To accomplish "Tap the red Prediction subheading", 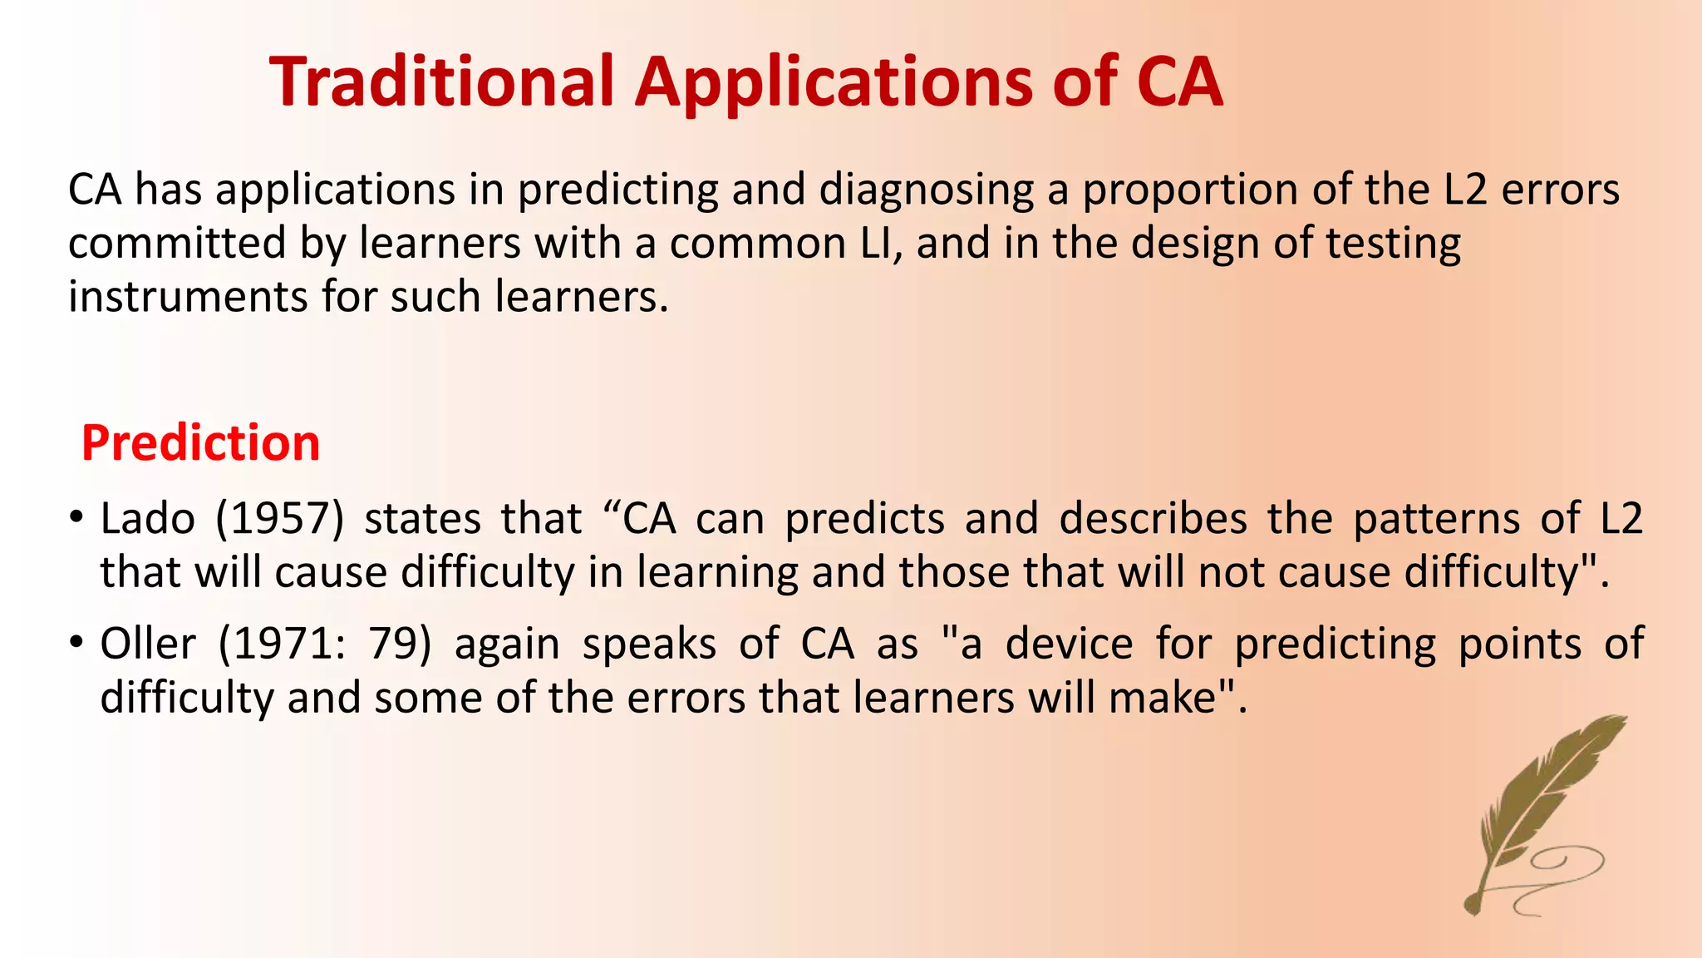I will click(200, 442).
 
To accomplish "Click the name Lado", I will click(147, 518).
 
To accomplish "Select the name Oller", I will click(148, 644).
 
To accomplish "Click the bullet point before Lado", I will click(76, 518).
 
